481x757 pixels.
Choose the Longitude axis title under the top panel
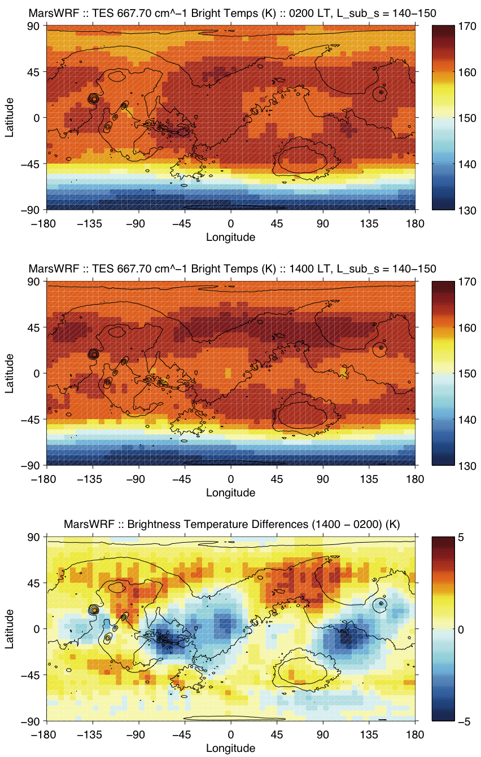230,237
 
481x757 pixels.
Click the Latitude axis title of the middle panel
10,373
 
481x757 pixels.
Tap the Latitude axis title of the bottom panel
10,629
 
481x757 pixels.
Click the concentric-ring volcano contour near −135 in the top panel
94,99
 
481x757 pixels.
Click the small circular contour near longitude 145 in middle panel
381,347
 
